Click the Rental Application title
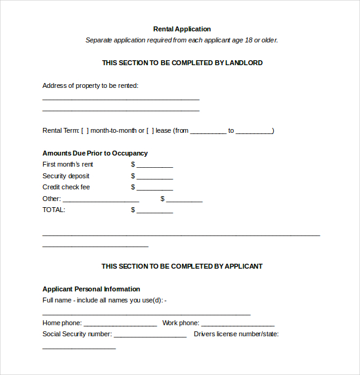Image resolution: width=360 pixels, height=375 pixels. (x=182, y=29)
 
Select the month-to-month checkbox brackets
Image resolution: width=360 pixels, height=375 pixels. (x=85, y=130)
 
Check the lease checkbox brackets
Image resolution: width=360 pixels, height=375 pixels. (x=150, y=130)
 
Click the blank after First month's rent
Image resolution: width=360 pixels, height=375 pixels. (x=154, y=165)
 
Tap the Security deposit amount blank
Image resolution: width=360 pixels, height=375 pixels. (x=154, y=177)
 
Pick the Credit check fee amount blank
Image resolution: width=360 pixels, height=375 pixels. (x=154, y=188)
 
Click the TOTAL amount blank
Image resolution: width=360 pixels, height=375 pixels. (x=154, y=211)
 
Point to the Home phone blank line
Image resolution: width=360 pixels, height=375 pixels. (x=120, y=324)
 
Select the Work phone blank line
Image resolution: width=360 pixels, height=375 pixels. (x=238, y=324)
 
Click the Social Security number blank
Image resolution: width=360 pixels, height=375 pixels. (x=150, y=336)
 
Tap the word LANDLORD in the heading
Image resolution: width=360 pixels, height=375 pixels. (x=244, y=63)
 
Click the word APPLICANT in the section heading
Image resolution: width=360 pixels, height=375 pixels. (x=243, y=266)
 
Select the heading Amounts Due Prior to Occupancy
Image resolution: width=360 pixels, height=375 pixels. (x=95, y=153)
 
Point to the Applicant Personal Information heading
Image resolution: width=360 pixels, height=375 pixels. (x=91, y=289)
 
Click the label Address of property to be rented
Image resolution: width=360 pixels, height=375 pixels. (x=90, y=85)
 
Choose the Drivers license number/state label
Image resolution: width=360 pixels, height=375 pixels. (x=236, y=334)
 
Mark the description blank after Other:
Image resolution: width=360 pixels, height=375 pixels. (x=101, y=200)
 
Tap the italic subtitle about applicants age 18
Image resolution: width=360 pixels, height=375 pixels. (x=182, y=40)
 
